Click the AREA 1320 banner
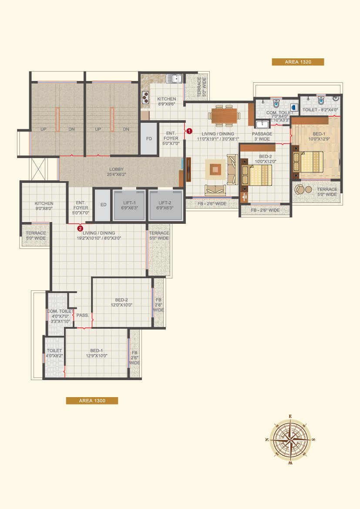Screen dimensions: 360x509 [x=298, y=62]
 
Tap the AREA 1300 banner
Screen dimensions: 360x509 [x=92, y=401]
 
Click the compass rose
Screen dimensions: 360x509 [x=290, y=439]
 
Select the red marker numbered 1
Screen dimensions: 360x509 [x=189, y=131]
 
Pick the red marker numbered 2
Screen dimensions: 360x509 [x=80, y=228]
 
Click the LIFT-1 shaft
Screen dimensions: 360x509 [x=129, y=205]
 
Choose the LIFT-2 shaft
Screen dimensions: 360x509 [x=165, y=205]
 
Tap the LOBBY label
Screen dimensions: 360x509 [x=116, y=172]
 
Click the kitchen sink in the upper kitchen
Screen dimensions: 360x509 [x=174, y=79]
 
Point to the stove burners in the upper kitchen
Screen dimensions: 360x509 [x=145, y=98]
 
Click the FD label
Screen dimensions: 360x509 [x=149, y=138]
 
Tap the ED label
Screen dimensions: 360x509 [x=103, y=205]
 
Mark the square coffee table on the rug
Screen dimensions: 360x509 [x=215, y=169]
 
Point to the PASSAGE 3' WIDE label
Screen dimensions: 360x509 [x=262, y=136]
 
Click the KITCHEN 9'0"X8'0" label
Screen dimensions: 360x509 [x=44, y=206]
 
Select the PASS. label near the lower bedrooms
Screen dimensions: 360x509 [x=82, y=315]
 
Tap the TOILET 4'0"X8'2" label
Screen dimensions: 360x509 [x=54, y=353]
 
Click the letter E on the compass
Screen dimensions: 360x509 [x=290, y=417]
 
